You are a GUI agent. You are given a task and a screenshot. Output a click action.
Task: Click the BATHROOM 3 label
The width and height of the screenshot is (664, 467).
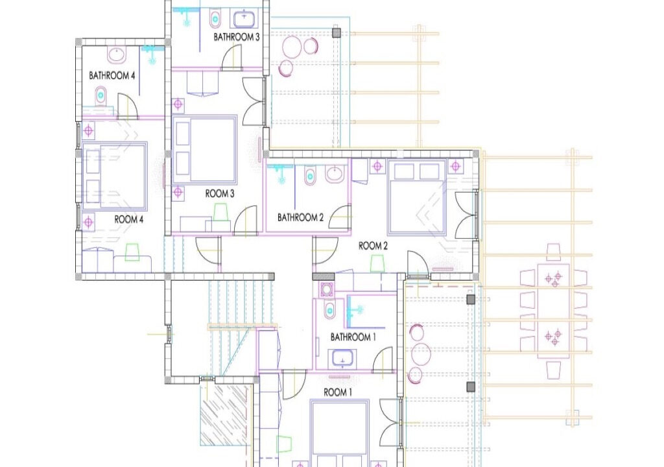237,38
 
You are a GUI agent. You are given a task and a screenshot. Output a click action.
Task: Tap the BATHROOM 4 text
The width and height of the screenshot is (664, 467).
112,76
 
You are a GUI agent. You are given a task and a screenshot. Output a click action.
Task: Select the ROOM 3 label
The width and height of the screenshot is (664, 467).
220,193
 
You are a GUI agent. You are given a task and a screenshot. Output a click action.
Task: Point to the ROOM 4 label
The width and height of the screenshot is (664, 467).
129,220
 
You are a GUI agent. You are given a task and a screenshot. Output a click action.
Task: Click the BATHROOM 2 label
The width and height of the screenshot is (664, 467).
300,217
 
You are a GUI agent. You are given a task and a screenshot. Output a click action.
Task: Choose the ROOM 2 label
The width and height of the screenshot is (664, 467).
373,246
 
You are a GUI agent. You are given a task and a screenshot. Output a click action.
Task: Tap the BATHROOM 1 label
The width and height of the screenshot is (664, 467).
353,337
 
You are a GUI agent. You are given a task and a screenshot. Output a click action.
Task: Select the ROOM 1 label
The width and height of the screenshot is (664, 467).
337,392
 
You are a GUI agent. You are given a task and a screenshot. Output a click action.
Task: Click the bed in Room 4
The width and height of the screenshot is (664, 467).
114,176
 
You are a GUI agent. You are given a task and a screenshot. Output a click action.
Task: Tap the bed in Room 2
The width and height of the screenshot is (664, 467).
417,197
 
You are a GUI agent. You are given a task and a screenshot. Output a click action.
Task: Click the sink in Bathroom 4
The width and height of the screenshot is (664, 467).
117,54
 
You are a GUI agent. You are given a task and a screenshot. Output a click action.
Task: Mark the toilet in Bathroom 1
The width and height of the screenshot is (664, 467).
329,309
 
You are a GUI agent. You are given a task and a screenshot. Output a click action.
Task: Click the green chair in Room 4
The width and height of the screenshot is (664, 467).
132,251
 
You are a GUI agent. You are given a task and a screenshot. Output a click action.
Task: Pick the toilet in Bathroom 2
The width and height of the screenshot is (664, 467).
310,176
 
